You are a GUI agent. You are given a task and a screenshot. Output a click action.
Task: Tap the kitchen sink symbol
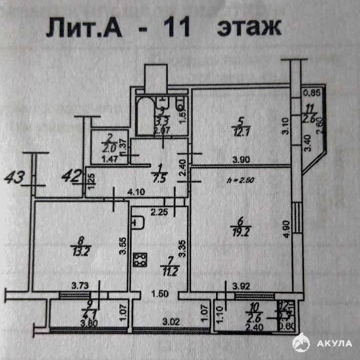138,221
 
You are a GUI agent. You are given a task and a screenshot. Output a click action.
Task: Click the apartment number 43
15,177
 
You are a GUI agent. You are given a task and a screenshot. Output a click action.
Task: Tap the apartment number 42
71,176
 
